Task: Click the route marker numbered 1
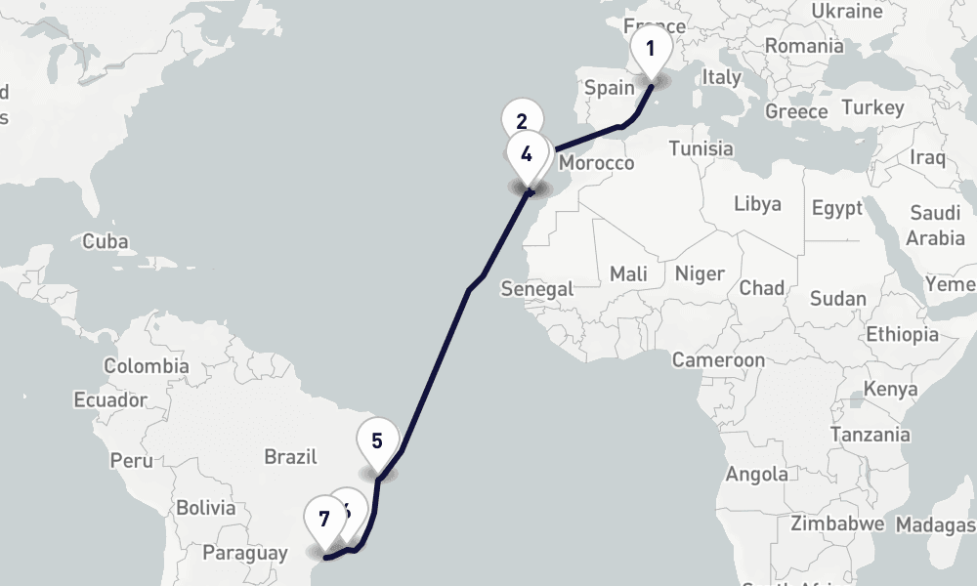coord(651,47)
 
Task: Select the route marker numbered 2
coord(521,121)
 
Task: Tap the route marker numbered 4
coord(528,153)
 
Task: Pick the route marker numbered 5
coord(377,439)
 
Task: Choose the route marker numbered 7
coord(323,518)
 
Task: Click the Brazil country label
coord(291,456)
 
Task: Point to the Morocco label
coord(597,163)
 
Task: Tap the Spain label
coord(610,88)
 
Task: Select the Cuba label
coord(106,241)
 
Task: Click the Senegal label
coord(536,289)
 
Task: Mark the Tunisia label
coord(701,148)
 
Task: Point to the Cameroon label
coord(718,360)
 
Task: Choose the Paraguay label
coord(244,553)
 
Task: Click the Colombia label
coord(147,366)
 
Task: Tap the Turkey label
coord(872,107)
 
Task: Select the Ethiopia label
coord(902,334)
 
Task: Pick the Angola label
coord(757,475)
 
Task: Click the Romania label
coord(804,46)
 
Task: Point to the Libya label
coord(757,204)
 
